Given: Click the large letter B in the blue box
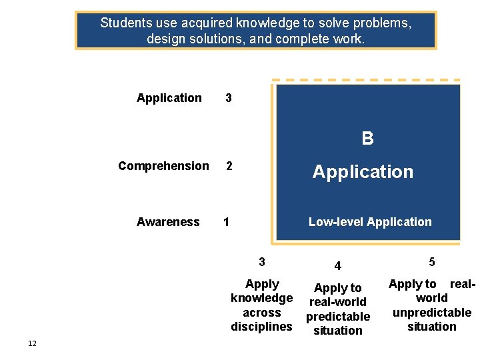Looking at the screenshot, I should [x=367, y=138].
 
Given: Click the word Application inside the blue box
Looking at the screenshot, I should [x=363, y=172].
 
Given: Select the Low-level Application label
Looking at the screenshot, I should [x=369, y=222].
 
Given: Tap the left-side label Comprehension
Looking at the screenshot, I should [x=163, y=166].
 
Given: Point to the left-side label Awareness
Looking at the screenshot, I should [x=168, y=222].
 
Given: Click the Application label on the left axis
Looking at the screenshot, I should [x=169, y=98].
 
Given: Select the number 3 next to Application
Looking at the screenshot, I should [x=229, y=98].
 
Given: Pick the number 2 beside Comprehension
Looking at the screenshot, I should [x=229, y=166].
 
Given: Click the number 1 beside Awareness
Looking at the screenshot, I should [x=227, y=222].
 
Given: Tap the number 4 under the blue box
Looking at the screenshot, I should [x=338, y=266].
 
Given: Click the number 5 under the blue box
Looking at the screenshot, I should [x=432, y=262].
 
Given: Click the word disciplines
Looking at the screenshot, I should [x=261, y=327].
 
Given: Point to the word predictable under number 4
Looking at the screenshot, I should [x=338, y=317].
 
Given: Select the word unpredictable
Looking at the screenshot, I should [x=432, y=313].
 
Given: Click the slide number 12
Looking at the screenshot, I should [x=32, y=343].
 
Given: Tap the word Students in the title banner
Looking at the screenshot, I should [x=124, y=23].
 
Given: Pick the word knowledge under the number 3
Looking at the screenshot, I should [x=261, y=298].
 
